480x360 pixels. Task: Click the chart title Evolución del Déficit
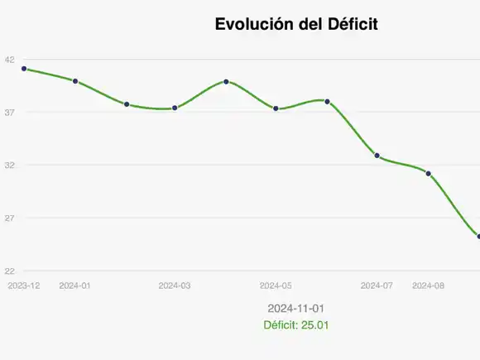point(296,25)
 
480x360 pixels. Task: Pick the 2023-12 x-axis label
point(23,286)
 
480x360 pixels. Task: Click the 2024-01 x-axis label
point(74,286)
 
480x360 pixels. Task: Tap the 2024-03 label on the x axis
point(175,286)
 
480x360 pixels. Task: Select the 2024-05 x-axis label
point(276,286)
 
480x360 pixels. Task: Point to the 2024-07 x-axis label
point(377,286)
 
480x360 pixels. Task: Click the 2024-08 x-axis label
point(428,286)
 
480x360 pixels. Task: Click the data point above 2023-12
point(24,69)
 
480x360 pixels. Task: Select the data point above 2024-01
point(75,81)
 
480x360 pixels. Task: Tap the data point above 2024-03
point(175,108)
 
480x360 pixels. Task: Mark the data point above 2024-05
point(276,108)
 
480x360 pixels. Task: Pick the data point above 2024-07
point(377,156)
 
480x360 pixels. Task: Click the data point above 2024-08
point(428,174)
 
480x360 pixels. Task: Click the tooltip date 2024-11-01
point(296,308)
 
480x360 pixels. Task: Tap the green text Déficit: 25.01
point(296,325)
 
